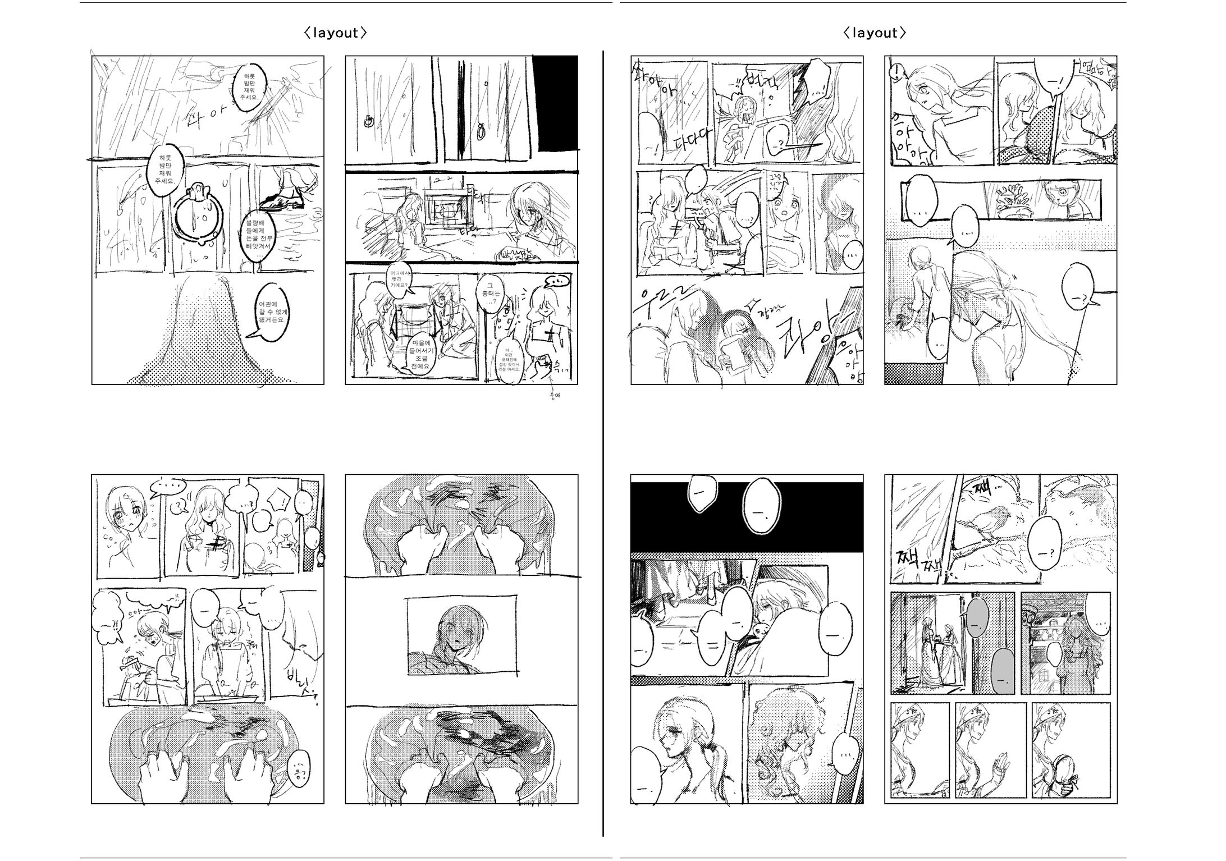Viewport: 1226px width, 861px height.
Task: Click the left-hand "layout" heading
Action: point(335,33)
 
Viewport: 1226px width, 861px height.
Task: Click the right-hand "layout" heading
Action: point(874,33)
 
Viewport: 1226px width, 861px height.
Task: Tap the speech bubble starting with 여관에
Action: point(272,313)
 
